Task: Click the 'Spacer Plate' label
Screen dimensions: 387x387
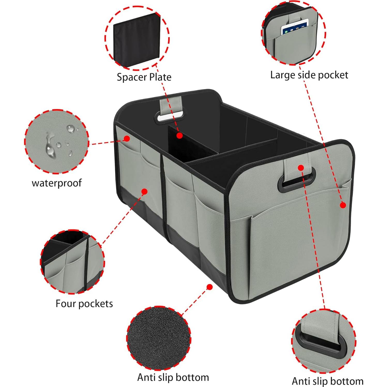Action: [x=144, y=77]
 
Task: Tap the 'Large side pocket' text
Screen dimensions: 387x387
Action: [x=309, y=75]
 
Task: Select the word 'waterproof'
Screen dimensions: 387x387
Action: [x=57, y=183]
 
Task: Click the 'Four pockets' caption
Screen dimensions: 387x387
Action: [x=84, y=303]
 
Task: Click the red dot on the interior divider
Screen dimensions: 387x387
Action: [x=180, y=135]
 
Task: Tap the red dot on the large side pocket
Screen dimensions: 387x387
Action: [x=343, y=205]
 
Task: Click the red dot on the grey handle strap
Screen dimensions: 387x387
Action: [x=301, y=168]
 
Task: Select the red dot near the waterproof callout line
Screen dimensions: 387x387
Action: [x=126, y=139]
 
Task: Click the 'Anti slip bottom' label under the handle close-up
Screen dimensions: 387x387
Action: [x=327, y=381]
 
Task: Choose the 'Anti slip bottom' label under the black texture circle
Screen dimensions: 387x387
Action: [x=173, y=377]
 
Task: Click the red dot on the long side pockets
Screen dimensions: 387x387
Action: [x=145, y=191]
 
